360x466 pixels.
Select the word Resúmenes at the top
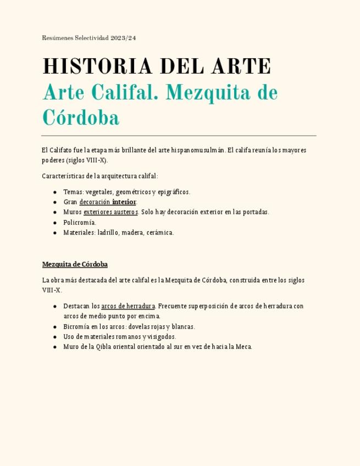pos(57,38)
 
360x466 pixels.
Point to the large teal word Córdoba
pos(81,117)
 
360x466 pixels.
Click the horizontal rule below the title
pos(179,135)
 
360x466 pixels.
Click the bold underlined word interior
pos(124,202)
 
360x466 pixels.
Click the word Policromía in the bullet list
pos(80,223)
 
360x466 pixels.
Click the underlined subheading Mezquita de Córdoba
pos(75,264)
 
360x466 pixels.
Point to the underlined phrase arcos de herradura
pos(128,306)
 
